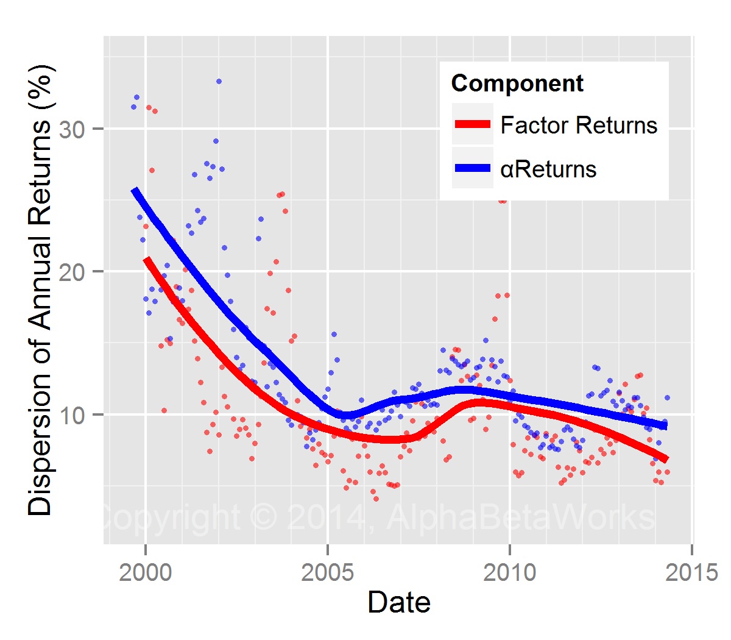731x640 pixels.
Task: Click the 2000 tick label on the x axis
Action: point(145,572)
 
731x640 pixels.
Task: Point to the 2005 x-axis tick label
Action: point(328,572)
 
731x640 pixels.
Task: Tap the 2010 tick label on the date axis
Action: point(510,572)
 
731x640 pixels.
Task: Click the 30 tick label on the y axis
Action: point(72,129)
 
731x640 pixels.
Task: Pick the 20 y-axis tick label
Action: point(72,271)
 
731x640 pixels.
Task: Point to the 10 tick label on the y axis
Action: point(72,414)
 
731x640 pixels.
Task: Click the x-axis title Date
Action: point(399,602)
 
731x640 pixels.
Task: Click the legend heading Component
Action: point(517,83)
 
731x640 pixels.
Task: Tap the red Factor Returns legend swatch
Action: point(473,124)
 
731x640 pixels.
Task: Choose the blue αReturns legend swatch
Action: point(473,168)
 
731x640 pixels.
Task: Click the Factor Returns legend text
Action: point(579,125)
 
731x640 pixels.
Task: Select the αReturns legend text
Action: point(548,169)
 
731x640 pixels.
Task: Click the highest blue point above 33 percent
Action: point(219,81)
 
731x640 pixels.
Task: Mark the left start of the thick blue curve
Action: point(135,191)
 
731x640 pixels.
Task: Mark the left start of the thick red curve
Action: point(147,260)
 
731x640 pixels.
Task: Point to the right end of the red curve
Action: point(666,459)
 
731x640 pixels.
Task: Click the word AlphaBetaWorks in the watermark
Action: point(521,517)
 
